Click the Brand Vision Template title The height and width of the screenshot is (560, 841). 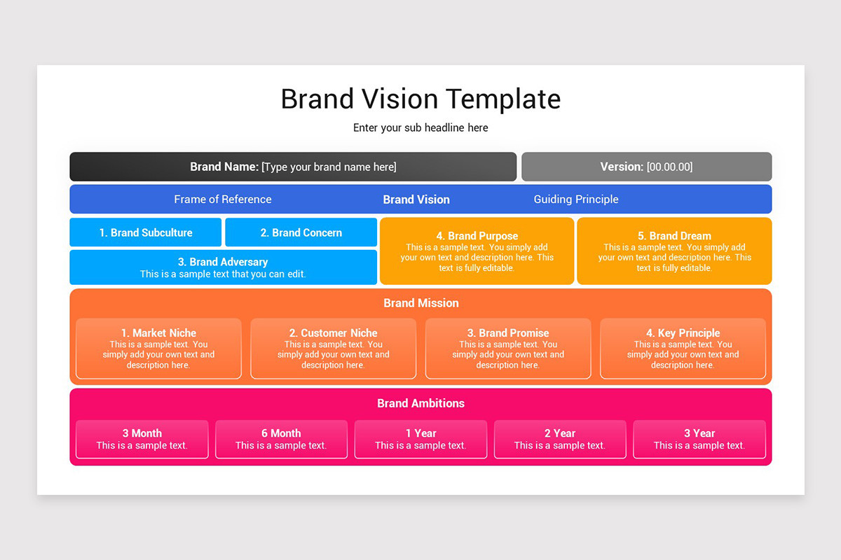420,99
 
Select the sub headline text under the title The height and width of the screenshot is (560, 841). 420,128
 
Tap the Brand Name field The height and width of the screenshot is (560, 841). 293,167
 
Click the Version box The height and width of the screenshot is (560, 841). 646,167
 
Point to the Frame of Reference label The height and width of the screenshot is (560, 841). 223,199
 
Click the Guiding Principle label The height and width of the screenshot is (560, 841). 576,199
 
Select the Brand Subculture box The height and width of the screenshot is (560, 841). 146,232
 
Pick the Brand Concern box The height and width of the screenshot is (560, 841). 301,232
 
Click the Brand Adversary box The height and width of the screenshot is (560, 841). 223,267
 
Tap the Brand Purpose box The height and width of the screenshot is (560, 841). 477,251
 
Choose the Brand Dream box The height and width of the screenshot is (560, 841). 674,251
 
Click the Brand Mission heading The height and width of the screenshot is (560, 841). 420,303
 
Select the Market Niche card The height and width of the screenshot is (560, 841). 158,349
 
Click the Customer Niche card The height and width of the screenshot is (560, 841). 334,349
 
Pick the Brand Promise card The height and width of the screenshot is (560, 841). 508,349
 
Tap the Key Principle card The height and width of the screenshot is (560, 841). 683,349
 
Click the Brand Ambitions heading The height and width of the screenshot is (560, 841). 420,403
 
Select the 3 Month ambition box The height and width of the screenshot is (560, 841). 142,439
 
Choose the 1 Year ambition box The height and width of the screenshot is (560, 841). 420,439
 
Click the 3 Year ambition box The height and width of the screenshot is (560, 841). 699,439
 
